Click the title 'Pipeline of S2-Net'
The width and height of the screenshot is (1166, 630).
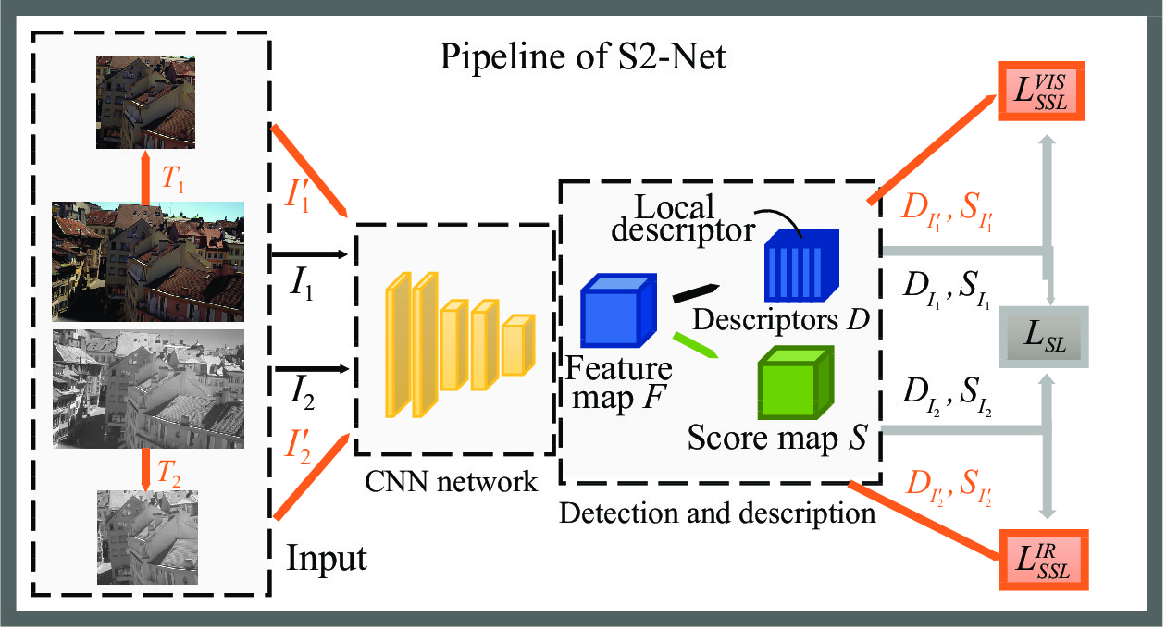tap(582, 57)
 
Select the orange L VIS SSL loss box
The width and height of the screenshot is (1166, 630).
tap(1040, 91)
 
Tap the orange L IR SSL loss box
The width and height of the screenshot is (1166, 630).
tap(1043, 560)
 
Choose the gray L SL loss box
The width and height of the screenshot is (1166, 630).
tap(1044, 337)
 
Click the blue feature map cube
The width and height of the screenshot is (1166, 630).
tap(618, 310)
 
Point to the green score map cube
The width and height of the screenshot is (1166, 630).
tap(796, 382)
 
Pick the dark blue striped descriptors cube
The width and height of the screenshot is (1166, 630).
tap(801, 266)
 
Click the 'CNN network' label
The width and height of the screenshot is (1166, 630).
tap(451, 482)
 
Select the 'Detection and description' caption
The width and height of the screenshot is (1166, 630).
tap(717, 513)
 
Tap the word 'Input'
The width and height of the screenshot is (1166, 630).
tap(327, 559)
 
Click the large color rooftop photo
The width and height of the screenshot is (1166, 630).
tap(148, 261)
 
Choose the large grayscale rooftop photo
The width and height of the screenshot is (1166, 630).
tap(148, 389)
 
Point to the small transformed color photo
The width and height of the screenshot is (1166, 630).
tap(146, 103)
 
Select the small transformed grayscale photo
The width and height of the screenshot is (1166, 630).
tap(147, 537)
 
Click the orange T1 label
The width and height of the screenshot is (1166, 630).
tap(173, 179)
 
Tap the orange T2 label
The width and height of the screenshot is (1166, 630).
tap(168, 474)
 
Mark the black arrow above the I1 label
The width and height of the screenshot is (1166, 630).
tap(310, 254)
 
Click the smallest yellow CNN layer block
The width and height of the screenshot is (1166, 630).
tap(518, 345)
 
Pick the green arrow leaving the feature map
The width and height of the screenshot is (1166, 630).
tap(696, 345)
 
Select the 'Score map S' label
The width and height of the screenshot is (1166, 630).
tap(777, 437)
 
